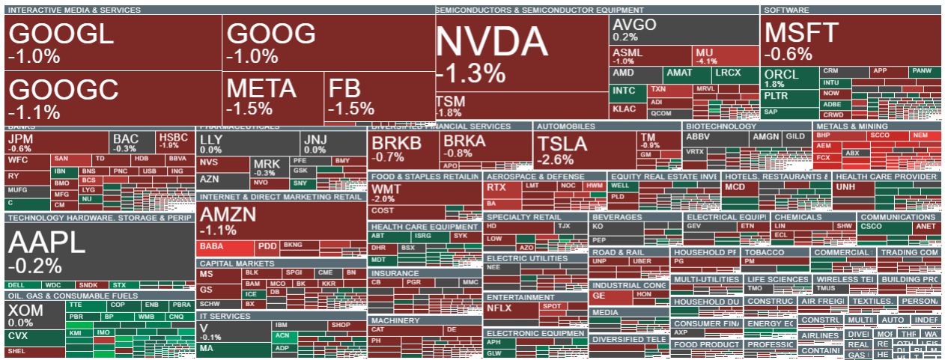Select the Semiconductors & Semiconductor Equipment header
539,10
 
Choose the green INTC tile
626,91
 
